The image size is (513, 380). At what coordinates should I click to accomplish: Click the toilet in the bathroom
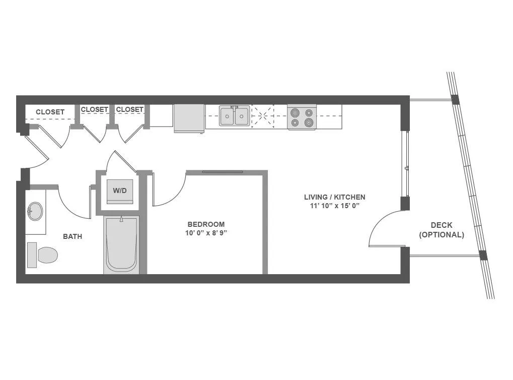[42, 255]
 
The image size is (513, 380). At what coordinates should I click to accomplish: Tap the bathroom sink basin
[35, 211]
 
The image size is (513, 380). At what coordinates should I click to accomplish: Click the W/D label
[120, 191]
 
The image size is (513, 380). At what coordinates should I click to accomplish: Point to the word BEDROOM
[206, 224]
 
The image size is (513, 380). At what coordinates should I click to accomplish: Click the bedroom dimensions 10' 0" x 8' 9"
[206, 233]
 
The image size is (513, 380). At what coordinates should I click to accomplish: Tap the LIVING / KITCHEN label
[335, 197]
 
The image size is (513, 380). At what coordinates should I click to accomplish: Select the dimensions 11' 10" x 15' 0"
[335, 206]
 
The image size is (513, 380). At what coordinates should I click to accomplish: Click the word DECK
[442, 225]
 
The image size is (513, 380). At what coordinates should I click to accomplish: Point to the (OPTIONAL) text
[442, 234]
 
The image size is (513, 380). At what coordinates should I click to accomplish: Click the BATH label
[72, 236]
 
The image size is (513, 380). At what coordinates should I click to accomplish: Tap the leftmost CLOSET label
[50, 112]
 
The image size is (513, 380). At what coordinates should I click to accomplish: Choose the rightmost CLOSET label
[130, 109]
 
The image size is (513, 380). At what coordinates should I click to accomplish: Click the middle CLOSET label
[95, 109]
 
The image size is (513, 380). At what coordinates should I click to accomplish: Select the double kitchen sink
[235, 115]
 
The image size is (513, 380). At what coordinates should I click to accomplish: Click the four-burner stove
[302, 117]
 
